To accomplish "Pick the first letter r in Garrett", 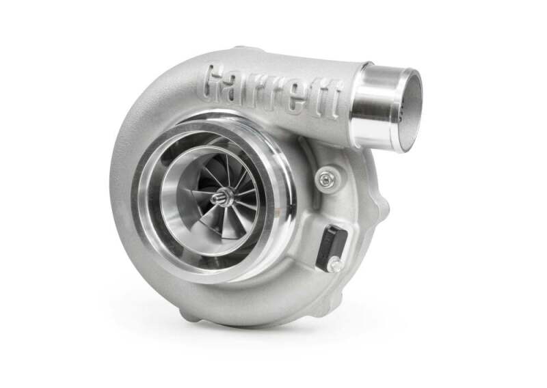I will click(261, 89).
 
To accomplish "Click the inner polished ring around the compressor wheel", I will click(171, 205).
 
